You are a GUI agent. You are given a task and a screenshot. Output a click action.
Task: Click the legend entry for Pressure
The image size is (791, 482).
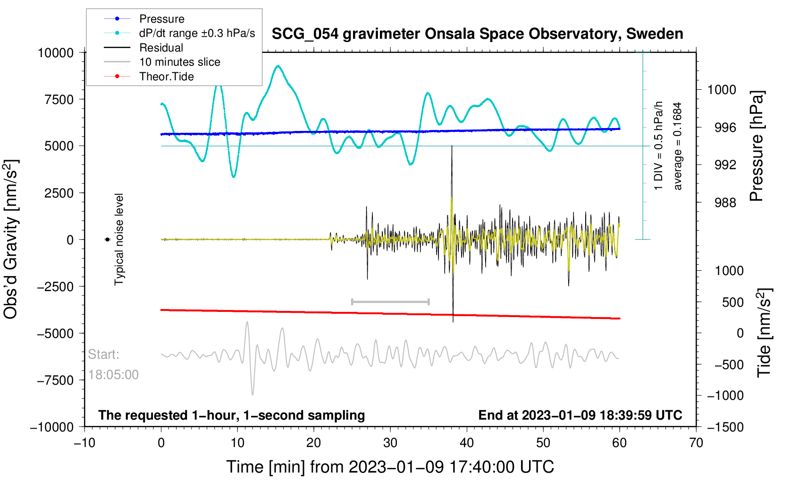point(161,19)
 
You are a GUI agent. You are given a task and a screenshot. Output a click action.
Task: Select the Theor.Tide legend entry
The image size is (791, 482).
point(166,77)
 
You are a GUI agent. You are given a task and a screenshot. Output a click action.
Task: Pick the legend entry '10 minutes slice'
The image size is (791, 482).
point(179,62)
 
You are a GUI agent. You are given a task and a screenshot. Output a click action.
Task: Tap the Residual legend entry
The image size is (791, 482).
point(161,48)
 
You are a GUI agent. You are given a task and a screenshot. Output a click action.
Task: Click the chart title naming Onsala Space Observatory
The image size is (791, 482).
point(477,34)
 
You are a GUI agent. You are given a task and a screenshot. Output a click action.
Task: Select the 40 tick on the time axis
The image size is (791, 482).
point(467,443)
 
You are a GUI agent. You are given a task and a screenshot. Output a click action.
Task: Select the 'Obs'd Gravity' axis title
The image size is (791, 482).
point(11,239)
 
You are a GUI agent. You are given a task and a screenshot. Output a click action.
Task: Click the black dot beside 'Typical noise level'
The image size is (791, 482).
point(108,240)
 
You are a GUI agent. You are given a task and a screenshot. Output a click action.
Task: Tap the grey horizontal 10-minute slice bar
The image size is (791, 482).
point(390,301)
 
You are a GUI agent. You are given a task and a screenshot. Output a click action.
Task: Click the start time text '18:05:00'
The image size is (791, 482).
point(113,375)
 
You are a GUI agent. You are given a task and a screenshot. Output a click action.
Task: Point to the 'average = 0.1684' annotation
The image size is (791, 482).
point(678,146)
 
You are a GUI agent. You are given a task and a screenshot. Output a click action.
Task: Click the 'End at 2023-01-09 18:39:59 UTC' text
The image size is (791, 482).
point(580,415)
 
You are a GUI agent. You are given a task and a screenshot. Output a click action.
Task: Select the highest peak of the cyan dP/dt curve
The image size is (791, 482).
point(278,66)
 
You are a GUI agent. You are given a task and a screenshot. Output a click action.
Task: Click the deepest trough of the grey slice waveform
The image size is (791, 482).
point(253,394)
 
